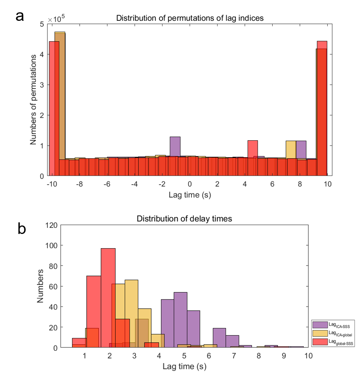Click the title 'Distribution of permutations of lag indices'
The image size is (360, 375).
coord(190,18)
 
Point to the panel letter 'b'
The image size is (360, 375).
coord(22,229)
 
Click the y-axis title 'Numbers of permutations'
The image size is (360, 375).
coord(34,99)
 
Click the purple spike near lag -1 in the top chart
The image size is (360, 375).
coord(175,146)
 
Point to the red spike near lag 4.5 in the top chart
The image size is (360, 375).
coord(253,149)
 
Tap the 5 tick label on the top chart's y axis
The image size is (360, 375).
coord(42,24)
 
